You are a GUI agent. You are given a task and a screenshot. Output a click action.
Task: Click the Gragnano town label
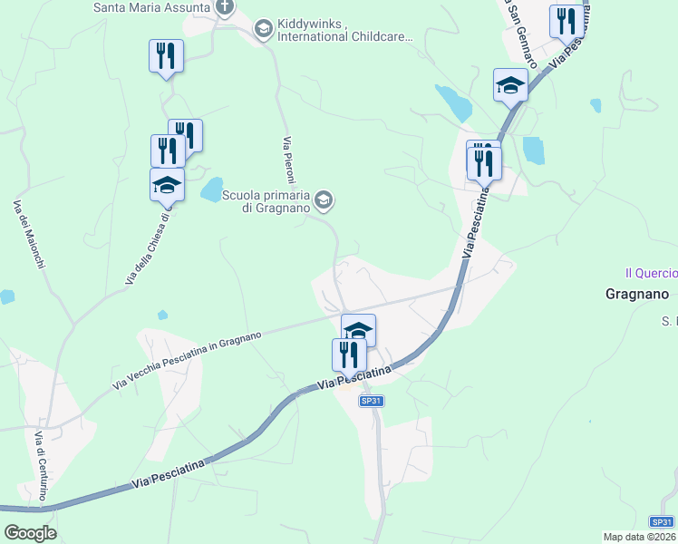pyautogui.click(x=636, y=294)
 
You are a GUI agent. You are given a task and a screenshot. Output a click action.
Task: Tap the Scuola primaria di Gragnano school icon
pyautogui.click(x=324, y=199)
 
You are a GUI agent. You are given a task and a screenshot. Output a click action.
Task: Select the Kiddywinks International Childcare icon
pyautogui.click(x=263, y=30)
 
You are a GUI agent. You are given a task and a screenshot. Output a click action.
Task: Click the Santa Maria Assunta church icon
pyautogui.click(x=225, y=8)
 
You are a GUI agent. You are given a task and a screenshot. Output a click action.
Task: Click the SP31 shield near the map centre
pyautogui.click(x=370, y=401)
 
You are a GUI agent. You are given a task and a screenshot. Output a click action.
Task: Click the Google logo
pyautogui.click(x=30, y=533)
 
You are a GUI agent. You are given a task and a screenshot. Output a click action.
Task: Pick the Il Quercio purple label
pyautogui.click(x=651, y=272)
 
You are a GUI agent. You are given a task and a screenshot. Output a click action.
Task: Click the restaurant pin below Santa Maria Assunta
pyautogui.click(x=166, y=56)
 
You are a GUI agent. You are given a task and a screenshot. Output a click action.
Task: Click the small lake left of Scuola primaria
pyautogui.click(x=212, y=189)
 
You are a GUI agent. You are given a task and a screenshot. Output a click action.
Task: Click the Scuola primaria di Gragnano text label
pyautogui.click(x=266, y=201)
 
